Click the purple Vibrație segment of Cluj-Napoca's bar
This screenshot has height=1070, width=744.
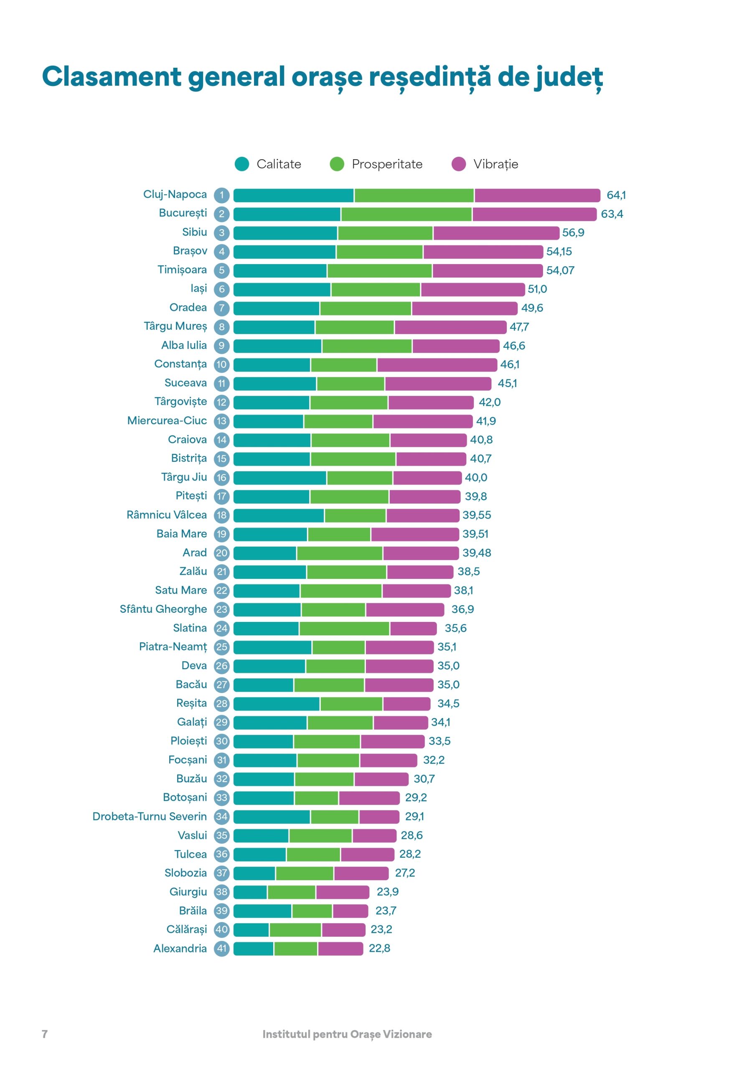[x=537, y=195]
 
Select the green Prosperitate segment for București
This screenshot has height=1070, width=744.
[x=406, y=214]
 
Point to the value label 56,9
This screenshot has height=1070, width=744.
[x=573, y=232]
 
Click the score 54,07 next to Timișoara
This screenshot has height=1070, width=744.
[x=560, y=270]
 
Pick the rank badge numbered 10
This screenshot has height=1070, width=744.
[x=222, y=365]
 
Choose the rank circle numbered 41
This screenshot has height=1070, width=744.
[x=222, y=948]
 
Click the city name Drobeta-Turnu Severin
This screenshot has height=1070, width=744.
[x=150, y=816]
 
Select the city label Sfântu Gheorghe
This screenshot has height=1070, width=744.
[x=163, y=609]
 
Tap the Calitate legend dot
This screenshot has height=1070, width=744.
[x=242, y=164]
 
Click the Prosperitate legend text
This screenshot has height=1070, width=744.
[x=387, y=164]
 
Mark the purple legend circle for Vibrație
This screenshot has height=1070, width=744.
[x=458, y=164]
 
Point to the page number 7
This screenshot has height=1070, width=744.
[x=45, y=1034]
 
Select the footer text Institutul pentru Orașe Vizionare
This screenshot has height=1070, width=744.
[x=347, y=1034]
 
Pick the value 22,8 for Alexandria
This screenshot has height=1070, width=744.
[x=379, y=948]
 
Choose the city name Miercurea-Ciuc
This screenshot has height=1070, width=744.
[x=167, y=421]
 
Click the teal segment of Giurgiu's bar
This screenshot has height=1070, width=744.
[x=250, y=892]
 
